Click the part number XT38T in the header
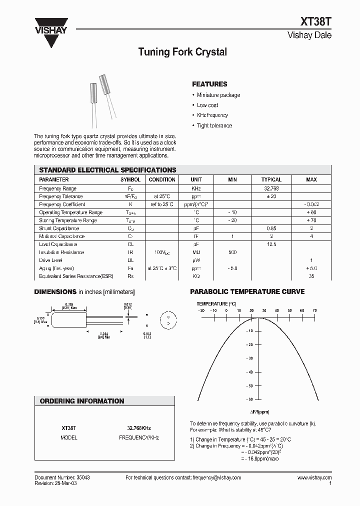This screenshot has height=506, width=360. [x=315, y=22]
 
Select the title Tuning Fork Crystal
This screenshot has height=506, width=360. [x=182, y=52]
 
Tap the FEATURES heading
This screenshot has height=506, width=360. [x=209, y=84]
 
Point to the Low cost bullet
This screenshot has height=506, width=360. [x=207, y=105]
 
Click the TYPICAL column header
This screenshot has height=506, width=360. [x=271, y=179]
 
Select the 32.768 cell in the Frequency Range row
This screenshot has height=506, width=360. [x=271, y=188]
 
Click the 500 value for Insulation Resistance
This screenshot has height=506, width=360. [x=232, y=252]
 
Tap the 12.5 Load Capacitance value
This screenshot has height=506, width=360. [x=271, y=244]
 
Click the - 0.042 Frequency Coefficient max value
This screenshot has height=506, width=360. [x=311, y=204]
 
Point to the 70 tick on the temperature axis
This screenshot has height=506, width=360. [x=314, y=310]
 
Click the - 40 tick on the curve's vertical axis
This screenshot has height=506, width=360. [x=249, y=372]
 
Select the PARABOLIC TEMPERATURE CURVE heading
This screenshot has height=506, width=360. [x=247, y=291]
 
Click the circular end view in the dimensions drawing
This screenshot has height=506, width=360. [x=168, y=320]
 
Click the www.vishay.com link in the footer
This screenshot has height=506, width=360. [x=314, y=478]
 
